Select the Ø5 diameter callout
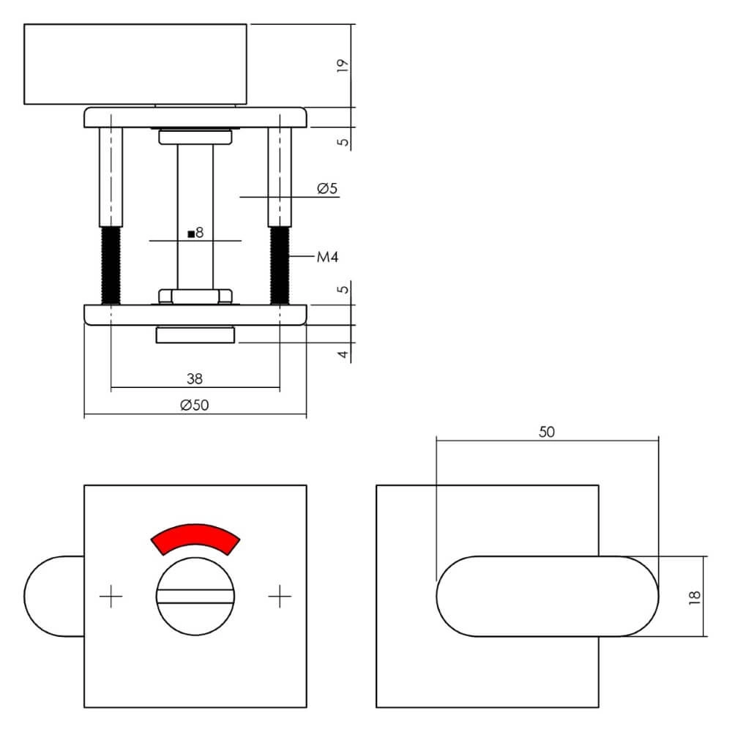326,189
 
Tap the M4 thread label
326,257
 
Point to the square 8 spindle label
195,234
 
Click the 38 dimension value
194,378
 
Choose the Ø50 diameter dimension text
194,406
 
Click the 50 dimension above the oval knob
547,432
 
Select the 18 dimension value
695,597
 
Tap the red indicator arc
195,538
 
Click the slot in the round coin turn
195,597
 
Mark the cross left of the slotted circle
111,597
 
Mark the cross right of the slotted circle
280,597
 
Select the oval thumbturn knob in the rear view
548,597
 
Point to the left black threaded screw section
111,265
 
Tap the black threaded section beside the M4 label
280,265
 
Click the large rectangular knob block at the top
135,64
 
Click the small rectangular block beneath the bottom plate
195,335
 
